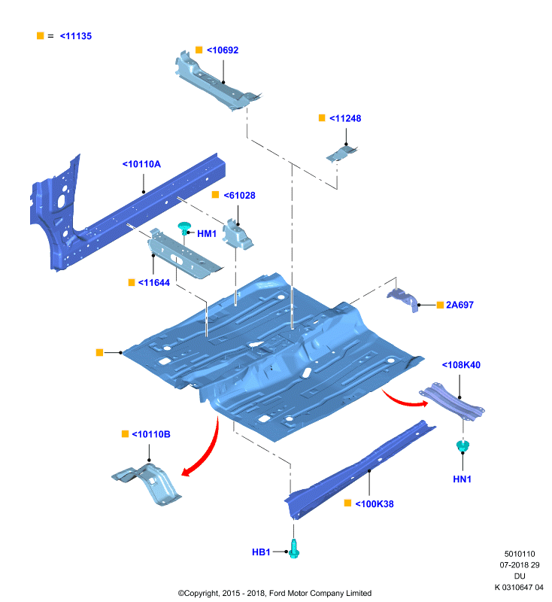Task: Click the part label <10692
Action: tap(223, 50)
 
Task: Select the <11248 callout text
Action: tap(345, 119)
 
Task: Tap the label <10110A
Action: tap(141, 164)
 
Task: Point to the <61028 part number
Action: tap(239, 196)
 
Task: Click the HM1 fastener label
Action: tap(207, 234)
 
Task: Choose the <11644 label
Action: tap(154, 283)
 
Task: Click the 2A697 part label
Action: tap(459, 306)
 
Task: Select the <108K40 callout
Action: tap(461, 365)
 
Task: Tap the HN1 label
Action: tap(463, 479)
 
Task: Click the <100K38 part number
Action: tap(375, 504)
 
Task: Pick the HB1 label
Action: tap(261, 552)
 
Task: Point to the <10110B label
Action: tap(151, 435)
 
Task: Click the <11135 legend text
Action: tap(76, 36)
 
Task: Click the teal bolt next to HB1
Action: tap(294, 549)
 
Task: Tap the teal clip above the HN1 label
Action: tap(463, 445)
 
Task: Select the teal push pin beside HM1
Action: tap(184, 228)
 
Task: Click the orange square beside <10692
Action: tap(199, 50)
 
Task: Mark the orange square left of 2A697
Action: tap(440, 306)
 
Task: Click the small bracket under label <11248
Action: tap(341, 154)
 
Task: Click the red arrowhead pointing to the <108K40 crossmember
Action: tap(424, 403)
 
